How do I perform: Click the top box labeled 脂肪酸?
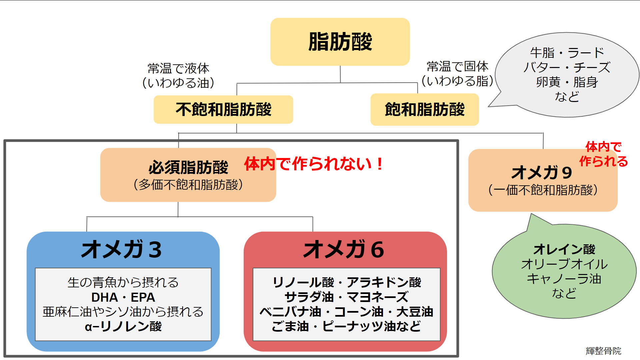point(340,42)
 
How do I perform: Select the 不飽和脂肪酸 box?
point(223,109)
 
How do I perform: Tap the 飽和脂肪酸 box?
point(425,109)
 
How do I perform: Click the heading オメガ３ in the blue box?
point(122,250)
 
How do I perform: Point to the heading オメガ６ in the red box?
point(344,250)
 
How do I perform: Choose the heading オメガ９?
point(542,173)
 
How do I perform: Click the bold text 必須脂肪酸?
point(188,167)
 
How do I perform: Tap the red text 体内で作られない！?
point(314,164)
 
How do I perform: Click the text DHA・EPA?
point(123,297)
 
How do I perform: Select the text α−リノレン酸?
point(123,326)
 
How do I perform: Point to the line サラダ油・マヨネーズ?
point(347,297)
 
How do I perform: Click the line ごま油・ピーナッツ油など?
point(347,326)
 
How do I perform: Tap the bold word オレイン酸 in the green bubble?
point(564,249)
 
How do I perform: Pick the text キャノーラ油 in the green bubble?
point(564,279)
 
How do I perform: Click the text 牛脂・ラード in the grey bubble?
point(567,53)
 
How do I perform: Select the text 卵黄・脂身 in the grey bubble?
point(567,82)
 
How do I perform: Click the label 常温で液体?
point(179,68)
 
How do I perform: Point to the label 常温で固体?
point(458,66)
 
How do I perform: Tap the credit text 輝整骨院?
point(603,351)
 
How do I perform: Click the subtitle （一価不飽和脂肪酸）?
point(543,190)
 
